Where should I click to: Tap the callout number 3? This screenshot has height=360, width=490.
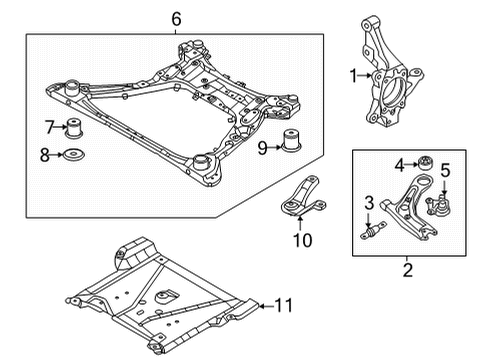pos(369,204)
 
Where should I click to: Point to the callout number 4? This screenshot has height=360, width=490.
pos(399,164)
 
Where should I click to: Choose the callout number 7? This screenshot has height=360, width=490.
pos(49,127)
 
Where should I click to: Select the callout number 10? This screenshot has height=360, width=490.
pos(300,240)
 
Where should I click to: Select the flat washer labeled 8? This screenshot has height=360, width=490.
pos(75,155)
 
